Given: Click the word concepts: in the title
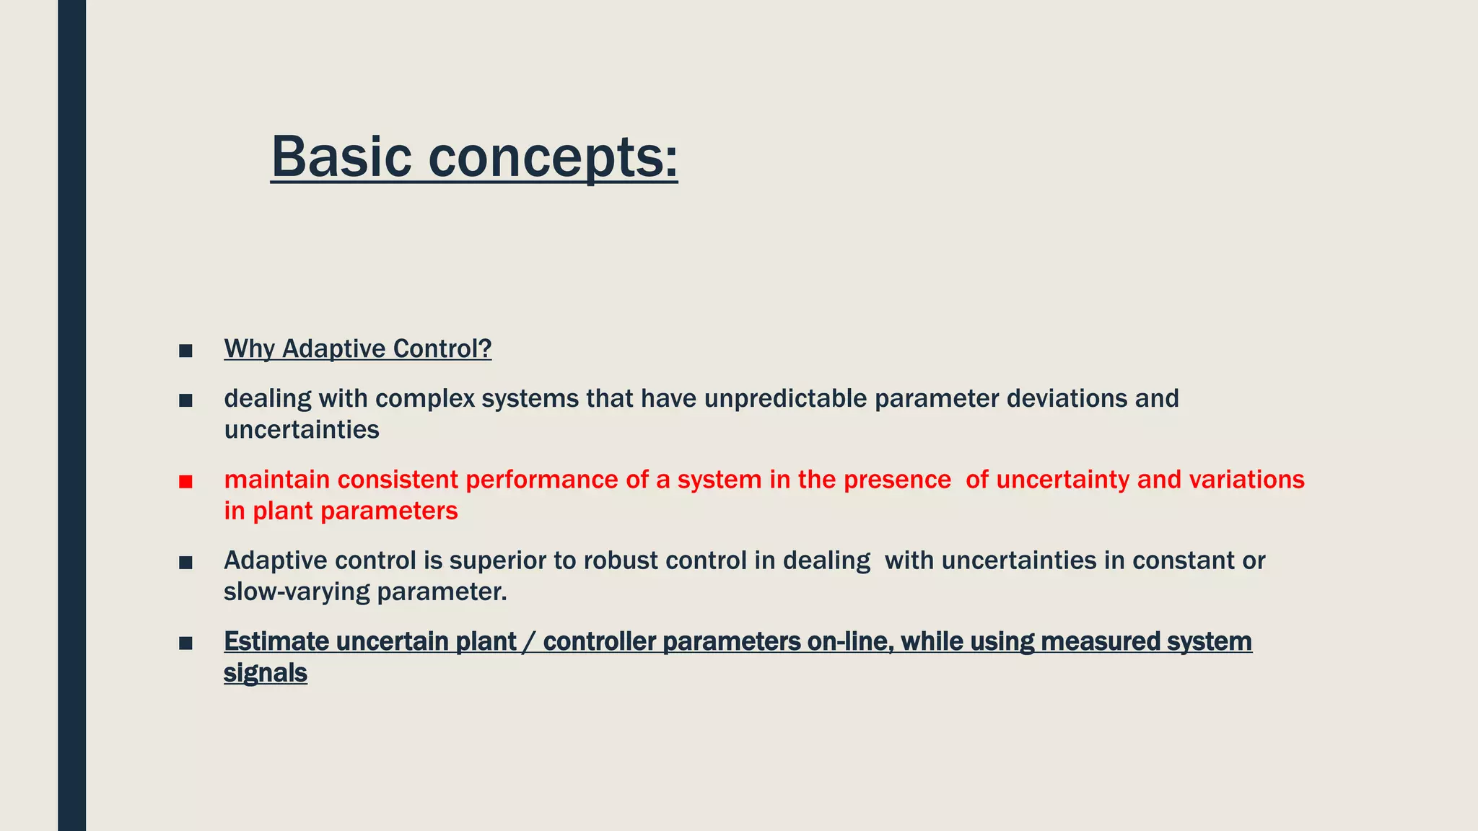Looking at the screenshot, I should pos(553,157).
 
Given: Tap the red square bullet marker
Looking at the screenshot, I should pos(185,482).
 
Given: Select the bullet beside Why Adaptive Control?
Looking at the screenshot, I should pos(185,351).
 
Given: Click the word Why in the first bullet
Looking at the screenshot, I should pos(249,349).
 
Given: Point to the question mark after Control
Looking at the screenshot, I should pos(486,349).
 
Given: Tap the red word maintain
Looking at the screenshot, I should pos(276,480).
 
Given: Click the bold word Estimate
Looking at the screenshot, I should pos(276,641).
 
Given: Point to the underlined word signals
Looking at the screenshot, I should pos(265,673).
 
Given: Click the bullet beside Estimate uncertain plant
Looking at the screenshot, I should pos(185,643).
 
